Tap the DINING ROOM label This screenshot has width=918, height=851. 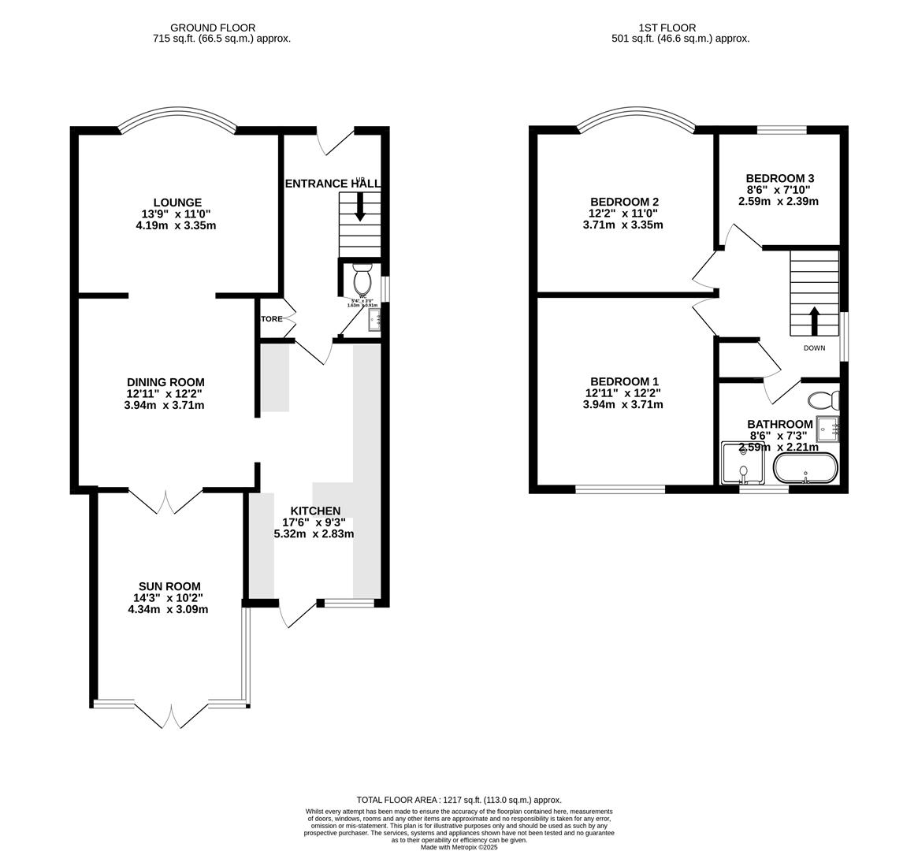(x=165, y=382)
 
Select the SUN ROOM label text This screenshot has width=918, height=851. (x=169, y=586)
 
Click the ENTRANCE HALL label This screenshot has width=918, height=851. (x=332, y=184)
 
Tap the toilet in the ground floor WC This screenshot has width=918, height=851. (x=362, y=280)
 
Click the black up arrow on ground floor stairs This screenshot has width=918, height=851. (x=360, y=208)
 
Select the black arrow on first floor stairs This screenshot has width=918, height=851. (x=814, y=320)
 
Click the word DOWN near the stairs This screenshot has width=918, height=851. (x=814, y=348)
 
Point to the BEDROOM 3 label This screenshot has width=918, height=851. (x=779, y=178)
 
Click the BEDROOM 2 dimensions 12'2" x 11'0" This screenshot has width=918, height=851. (x=623, y=214)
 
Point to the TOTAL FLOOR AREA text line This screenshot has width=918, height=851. (x=459, y=800)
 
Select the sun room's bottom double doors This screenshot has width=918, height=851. (x=171, y=715)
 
